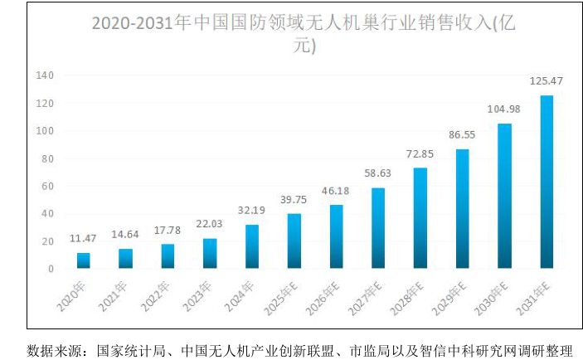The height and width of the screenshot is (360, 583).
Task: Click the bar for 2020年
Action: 83,260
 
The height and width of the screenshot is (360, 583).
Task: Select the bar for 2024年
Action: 251,246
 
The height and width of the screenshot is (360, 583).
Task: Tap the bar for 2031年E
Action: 547,182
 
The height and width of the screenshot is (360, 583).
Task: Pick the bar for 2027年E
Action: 378,228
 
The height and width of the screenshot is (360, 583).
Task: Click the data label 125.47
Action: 547,81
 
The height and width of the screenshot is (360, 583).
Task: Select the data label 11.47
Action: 83,239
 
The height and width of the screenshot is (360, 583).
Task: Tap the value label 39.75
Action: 294,200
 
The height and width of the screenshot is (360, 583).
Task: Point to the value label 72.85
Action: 420,154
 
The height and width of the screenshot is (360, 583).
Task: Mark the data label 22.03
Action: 209,225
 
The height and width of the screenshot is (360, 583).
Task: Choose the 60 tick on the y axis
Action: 47,186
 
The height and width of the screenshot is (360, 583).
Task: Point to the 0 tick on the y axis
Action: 51,269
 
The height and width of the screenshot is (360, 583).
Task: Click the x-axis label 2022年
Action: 158,293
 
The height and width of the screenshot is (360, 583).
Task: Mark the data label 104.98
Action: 504,109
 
